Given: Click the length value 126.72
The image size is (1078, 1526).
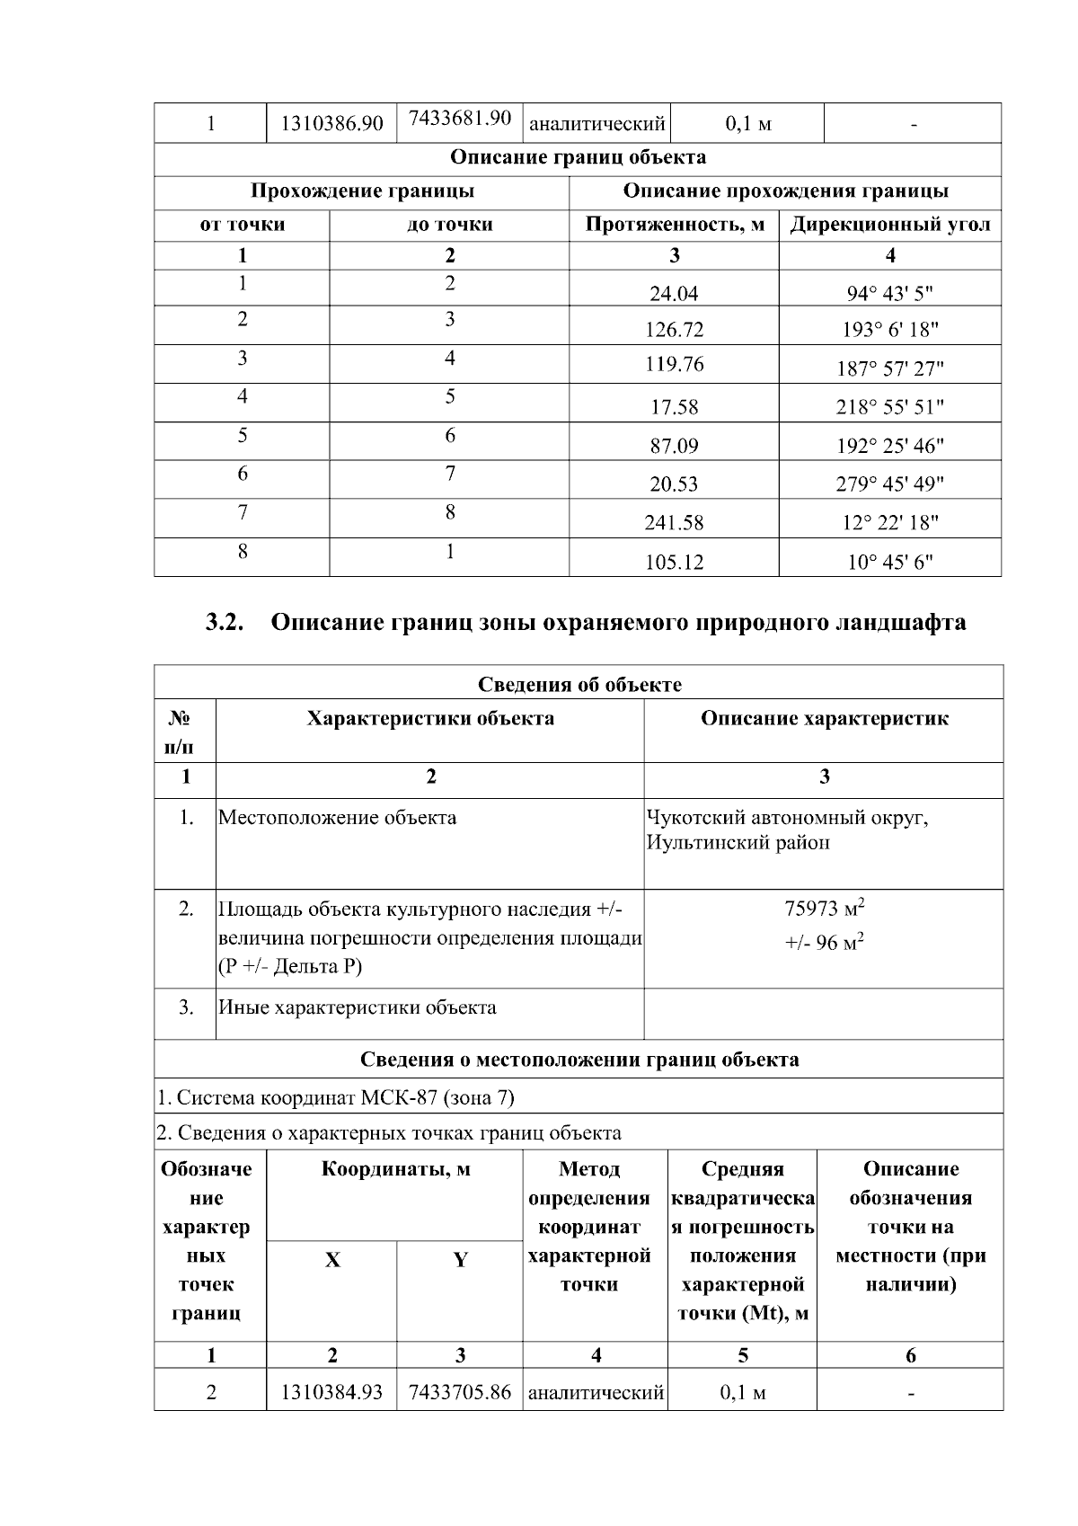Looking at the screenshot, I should [674, 330].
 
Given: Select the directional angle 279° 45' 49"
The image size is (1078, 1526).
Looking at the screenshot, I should [889, 484].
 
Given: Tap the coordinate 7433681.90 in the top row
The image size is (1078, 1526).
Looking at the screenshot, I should [459, 119].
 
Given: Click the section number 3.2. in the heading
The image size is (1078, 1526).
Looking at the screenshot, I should [225, 622].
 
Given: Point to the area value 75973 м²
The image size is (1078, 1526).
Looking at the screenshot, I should [824, 908].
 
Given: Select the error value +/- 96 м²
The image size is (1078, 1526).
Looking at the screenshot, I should [824, 943].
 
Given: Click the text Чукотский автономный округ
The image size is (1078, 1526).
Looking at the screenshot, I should [787, 818].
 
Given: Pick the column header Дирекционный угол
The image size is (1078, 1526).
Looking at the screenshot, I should [889, 225].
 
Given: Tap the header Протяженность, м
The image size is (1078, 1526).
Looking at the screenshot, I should [674, 225].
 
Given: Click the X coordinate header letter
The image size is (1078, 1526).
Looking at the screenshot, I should [332, 1260].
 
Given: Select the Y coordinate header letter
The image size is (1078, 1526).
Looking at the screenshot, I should [460, 1260].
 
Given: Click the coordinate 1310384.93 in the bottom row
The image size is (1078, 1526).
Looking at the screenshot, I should [331, 1392].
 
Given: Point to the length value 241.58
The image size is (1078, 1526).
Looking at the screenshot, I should [674, 523].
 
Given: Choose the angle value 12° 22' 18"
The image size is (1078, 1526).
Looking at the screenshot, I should [889, 523].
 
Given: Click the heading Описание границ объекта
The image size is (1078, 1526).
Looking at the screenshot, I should [578, 157].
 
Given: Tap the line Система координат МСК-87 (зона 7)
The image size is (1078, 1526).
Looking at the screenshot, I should [336, 1097].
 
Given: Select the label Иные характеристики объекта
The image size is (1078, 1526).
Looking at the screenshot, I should [358, 1007].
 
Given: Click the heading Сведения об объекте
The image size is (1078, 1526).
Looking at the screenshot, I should [579, 685].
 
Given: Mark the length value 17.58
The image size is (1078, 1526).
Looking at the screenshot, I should [674, 407].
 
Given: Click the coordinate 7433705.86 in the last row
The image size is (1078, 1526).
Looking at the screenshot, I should [459, 1392].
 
